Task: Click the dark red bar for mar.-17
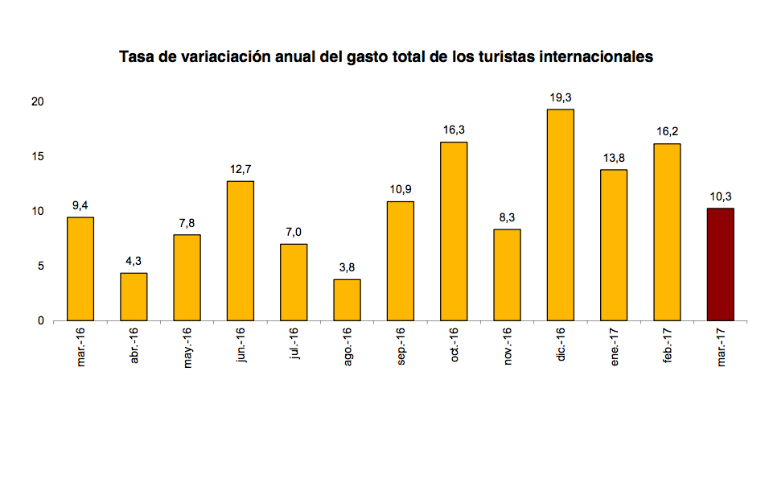720,264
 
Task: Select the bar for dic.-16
560,215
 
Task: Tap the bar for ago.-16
347,299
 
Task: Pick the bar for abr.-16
134,296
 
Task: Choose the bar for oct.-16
454,231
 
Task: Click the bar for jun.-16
240,250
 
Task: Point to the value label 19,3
560,97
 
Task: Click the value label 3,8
347,267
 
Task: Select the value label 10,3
720,196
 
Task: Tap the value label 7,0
294,232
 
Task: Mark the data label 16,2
667,131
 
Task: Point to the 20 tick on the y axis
37,101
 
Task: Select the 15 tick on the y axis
37,156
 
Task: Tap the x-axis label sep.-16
401,346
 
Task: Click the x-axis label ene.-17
615,346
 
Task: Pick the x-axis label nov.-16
508,346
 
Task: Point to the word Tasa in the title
134,57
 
